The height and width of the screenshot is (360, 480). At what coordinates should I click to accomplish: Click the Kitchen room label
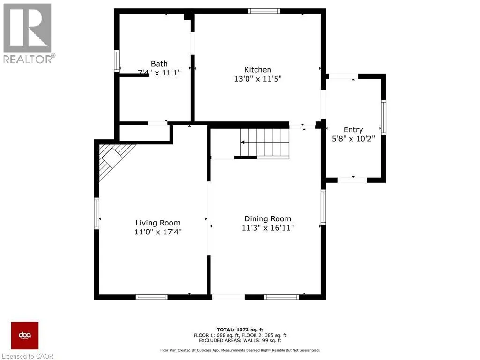257,69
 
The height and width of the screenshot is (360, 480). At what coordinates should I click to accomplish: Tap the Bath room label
159,64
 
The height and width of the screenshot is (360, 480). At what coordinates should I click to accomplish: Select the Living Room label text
157,223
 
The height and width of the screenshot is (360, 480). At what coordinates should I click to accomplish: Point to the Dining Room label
267,219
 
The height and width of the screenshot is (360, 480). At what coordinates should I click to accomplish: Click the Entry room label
353,130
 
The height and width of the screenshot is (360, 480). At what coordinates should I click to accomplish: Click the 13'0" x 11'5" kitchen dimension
257,79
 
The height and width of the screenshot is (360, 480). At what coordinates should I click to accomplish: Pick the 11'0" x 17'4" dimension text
157,232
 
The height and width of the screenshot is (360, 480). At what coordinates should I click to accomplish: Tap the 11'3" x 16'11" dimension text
267,228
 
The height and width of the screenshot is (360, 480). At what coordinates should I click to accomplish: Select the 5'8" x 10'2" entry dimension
353,139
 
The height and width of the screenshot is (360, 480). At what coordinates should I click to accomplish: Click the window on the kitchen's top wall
264,11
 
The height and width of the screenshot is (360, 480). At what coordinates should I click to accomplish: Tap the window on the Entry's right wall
383,117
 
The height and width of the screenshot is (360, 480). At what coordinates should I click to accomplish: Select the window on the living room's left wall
97,213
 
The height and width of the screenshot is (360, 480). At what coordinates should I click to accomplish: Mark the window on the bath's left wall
117,61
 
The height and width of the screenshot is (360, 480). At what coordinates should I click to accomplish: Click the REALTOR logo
28,33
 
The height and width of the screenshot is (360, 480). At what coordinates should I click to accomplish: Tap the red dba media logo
25,335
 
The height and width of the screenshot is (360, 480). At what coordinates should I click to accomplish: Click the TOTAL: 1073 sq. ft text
240,329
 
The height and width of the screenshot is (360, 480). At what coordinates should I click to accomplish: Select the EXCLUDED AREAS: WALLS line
240,341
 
